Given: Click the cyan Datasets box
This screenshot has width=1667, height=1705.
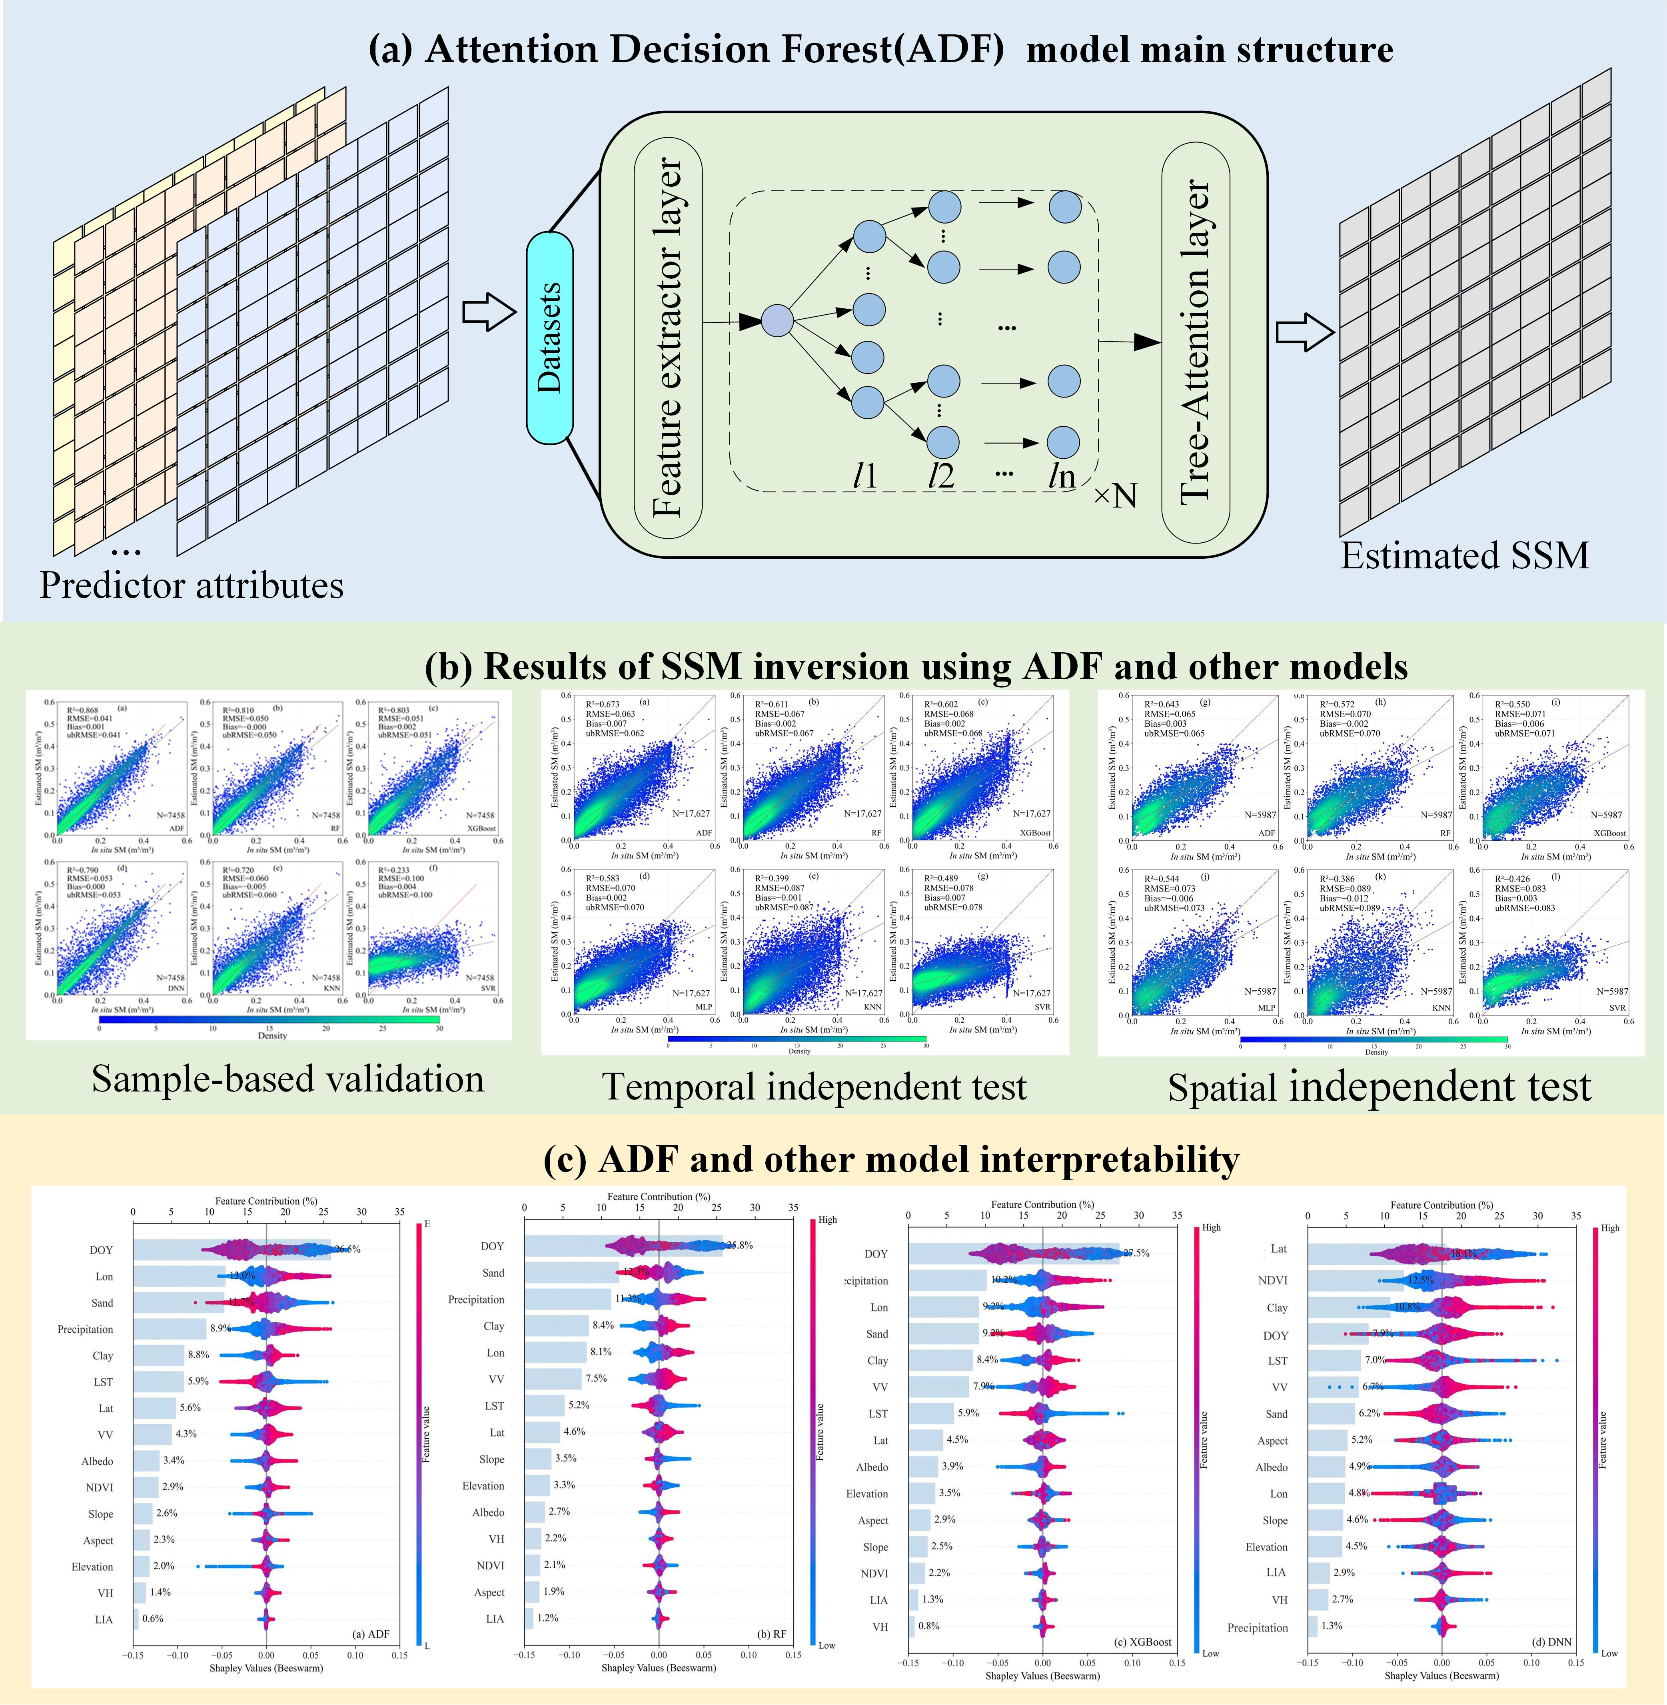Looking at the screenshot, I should tap(549, 337).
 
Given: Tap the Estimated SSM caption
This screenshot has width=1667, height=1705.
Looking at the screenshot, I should tap(1464, 556).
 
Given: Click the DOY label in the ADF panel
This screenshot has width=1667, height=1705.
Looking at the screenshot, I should tap(102, 1249).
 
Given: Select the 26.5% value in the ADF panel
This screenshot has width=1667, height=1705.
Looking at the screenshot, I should tap(347, 1249).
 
